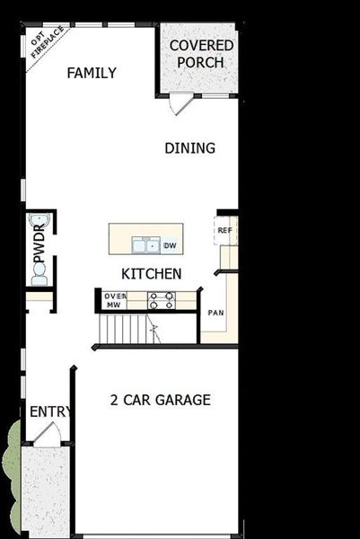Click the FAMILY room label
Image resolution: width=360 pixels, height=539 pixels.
coord(92,73)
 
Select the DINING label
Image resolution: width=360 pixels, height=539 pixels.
coord(189,148)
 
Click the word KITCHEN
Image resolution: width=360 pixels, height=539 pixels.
coord(152,273)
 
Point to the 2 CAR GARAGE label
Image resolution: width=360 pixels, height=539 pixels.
coord(160,400)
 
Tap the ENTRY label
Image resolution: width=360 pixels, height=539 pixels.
coord(49,411)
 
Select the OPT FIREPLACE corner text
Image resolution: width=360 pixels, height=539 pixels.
coord(42,45)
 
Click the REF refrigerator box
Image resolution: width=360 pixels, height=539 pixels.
coord(224,231)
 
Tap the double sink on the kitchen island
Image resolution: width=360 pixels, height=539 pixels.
coord(145,244)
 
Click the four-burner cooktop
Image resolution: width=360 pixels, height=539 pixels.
coord(161,300)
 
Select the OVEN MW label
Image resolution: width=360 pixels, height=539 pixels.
coord(113,300)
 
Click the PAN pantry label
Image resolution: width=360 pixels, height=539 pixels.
coord(215,313)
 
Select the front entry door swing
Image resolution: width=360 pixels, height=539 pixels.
coord(47,435)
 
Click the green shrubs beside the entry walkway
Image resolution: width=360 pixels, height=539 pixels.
coord(9,467)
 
